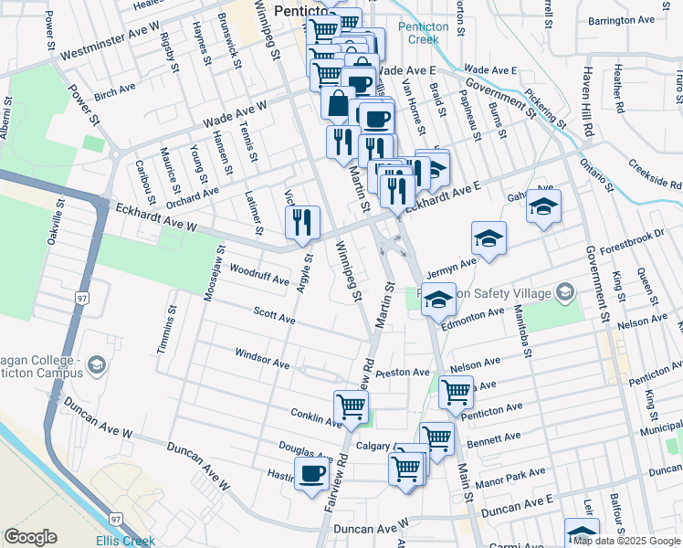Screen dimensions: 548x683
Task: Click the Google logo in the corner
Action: tap(31, 537)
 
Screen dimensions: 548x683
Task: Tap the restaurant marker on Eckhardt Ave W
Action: tap(302, 222)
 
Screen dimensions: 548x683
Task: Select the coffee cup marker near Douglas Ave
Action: tap(311, 474)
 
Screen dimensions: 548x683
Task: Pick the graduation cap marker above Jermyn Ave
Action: tap(489, 238)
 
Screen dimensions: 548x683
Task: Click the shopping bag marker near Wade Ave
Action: tap(338, 103)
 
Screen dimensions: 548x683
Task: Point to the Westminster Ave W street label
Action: tap(110, 41)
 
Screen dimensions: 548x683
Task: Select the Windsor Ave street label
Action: tap(262, 358)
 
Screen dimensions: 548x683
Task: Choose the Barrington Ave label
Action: tap(622, 20)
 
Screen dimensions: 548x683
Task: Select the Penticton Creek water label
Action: tap(424, 34)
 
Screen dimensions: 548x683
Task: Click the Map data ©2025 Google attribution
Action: tap(626, 541)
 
